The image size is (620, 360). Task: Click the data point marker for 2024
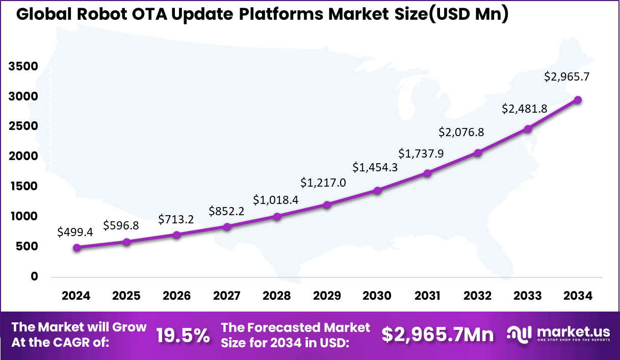point(76,248)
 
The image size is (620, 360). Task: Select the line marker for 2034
point(578,100)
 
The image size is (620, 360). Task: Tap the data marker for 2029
point(327,204)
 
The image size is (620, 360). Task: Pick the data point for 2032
point(478,153)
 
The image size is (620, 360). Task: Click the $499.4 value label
point(75,232)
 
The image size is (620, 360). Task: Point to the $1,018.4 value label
point(275,200)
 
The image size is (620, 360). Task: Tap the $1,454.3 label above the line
point(375,167)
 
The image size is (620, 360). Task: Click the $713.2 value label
point(175,219)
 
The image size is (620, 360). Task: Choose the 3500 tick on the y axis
point(23,66)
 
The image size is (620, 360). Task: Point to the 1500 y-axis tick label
point(23,187)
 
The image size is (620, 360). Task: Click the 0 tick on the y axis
point(35,276)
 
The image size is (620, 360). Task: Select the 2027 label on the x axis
point(226,296)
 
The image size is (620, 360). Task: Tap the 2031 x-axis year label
point(427,296)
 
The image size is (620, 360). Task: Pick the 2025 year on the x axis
point(126,296)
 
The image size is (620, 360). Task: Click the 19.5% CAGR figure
point(183,335)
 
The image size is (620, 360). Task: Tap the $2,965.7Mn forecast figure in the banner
point(438,335)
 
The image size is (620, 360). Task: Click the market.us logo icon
point(520,335)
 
